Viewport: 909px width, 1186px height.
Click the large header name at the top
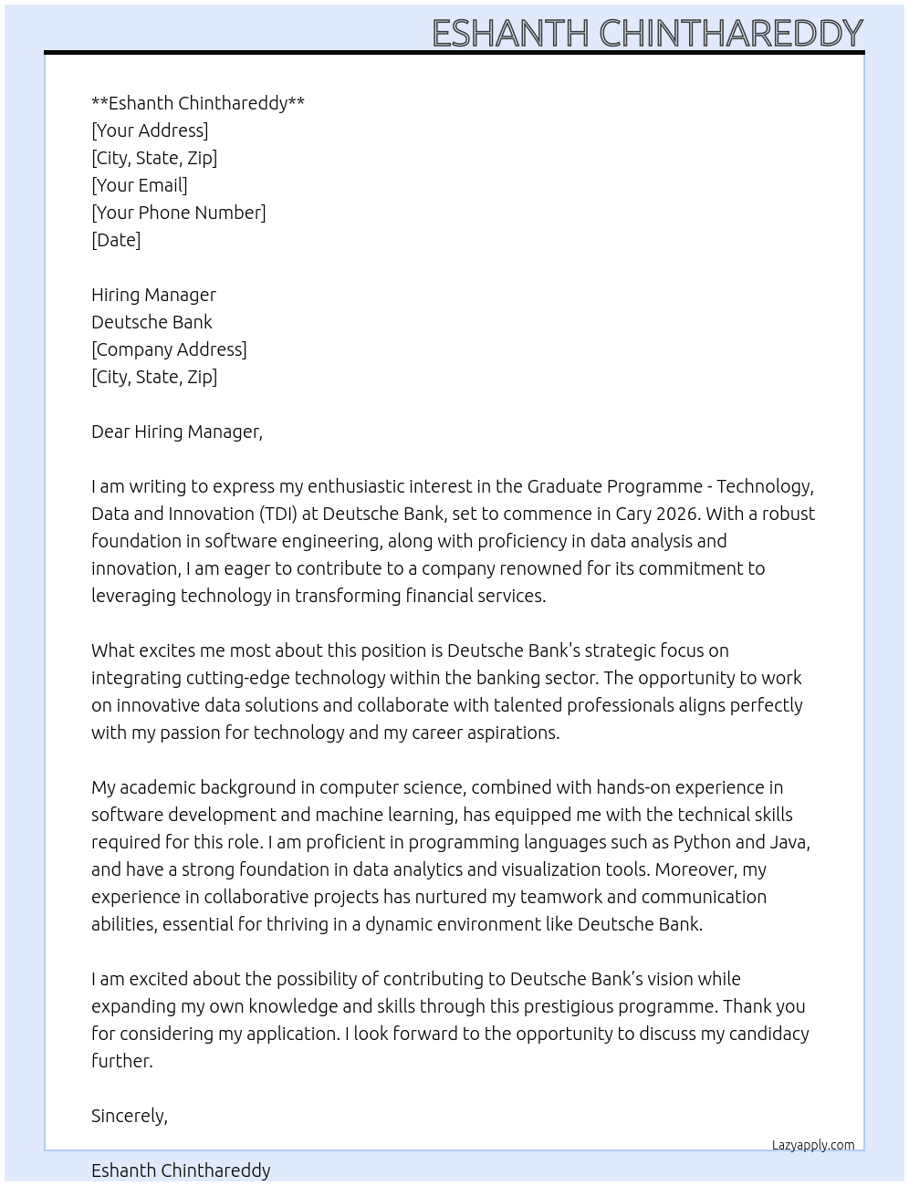(x=646, y=33)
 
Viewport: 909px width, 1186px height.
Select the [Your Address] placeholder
(x=150, y=130)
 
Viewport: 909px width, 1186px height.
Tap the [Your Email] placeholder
(x=140, y=185)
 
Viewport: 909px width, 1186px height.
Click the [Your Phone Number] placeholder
(x=179, y=213)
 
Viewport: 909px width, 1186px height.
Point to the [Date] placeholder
(x=116, y=240)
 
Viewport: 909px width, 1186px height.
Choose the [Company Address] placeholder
(x=169, y=349)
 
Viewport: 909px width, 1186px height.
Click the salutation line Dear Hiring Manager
(x=177, y=432)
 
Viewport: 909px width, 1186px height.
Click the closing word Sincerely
(x=129, y=1116)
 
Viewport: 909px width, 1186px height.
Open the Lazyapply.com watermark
(x=813, y=1145)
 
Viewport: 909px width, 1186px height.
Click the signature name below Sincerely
(x=181, y=1170)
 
